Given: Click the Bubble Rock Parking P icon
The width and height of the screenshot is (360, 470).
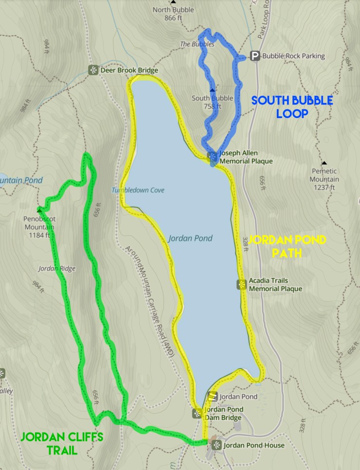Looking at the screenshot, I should (x=254, y=56).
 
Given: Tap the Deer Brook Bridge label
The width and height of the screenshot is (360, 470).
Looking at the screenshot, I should (x=129, y=70).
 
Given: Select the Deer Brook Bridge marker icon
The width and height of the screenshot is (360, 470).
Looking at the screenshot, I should (x=93, y=70).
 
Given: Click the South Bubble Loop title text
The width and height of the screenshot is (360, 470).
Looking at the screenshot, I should (x=292, y=107).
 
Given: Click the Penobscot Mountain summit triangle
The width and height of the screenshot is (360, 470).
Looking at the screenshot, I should (x=38, y=210).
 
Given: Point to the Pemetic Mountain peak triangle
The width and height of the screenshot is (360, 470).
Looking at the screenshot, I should (x=324, y=163).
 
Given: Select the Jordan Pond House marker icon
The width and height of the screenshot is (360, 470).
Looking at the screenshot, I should (x=216, y=445).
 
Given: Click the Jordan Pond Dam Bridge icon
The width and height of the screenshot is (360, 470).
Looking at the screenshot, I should (x=197, y=414).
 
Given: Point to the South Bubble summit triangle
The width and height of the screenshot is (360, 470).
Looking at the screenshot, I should (x=212, y=90).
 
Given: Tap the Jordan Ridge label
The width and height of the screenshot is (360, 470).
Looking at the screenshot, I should (x=53, y=268).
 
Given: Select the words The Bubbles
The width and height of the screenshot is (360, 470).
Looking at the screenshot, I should (x=197, y=44).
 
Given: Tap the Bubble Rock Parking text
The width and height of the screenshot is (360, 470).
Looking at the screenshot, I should (x=293, y=56).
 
